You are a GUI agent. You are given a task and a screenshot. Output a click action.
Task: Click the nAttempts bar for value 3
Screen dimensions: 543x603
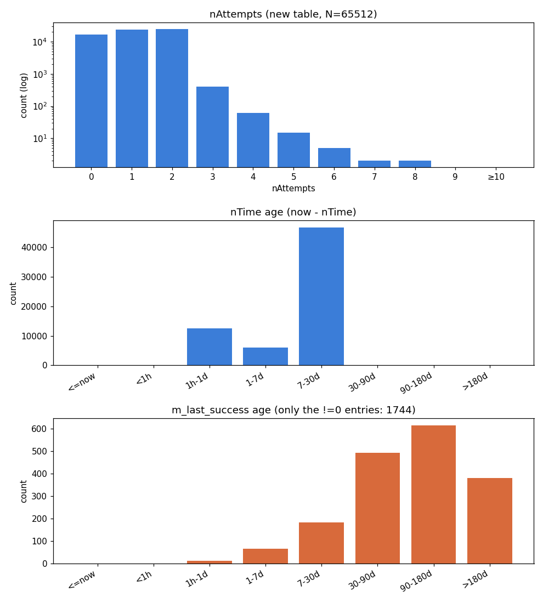(212, 127)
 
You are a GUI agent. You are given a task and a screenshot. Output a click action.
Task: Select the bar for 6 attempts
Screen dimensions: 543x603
(334, 158)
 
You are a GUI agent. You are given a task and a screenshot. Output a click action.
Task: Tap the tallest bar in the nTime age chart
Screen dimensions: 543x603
(321, 296)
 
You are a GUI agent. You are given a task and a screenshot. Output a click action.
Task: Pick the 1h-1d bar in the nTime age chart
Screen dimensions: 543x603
(210, 346)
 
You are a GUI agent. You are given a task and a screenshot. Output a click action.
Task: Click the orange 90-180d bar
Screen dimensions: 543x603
(433, 494)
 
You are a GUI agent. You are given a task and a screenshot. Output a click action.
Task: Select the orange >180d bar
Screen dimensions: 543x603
(489, 521)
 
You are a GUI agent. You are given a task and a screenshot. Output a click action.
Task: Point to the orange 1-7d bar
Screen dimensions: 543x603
(265, 556)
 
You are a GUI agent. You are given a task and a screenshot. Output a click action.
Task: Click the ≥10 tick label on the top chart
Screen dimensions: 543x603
(496, 177)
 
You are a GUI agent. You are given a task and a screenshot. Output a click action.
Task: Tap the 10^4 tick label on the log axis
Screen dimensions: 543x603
(39, 42)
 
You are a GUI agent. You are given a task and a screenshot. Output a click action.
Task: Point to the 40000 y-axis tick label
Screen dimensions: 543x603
(34, 247)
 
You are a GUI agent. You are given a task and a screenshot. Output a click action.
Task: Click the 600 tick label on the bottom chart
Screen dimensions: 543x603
(39, 429)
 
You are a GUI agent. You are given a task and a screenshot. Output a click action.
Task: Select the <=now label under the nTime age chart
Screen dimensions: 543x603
(82, 382)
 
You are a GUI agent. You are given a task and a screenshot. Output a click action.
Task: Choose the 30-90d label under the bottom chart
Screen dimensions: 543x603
(362, 580)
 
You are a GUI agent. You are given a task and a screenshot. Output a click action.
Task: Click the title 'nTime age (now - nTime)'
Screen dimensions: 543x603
(293, 212)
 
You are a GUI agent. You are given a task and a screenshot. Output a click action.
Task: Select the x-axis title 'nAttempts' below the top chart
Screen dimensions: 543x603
(293, 189)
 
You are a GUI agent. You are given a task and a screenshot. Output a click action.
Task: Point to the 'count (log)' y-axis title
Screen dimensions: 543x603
(24, 95)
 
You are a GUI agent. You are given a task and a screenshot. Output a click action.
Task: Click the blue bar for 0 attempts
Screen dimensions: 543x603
(91, 101)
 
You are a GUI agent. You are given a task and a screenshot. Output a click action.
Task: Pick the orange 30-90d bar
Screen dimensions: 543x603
(377, 508)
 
